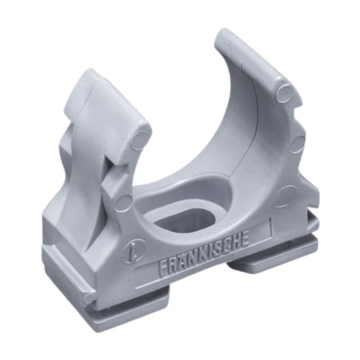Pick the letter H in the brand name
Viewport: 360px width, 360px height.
click(234, 243)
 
